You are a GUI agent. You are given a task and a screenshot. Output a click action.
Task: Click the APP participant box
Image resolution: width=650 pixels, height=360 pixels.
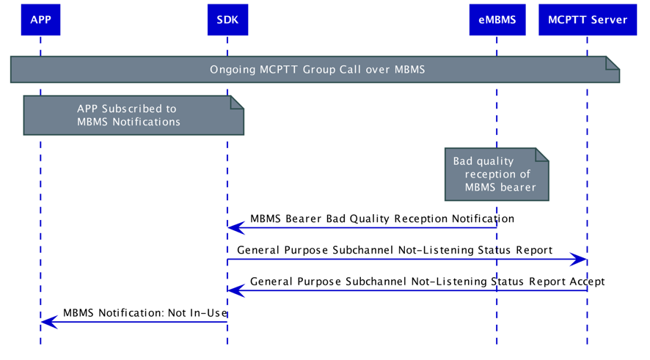point(40,20)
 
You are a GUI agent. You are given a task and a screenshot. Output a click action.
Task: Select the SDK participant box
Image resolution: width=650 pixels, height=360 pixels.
point(227,20)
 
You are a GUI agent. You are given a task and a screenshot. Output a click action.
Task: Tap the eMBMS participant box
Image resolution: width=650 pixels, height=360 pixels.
point(497,20)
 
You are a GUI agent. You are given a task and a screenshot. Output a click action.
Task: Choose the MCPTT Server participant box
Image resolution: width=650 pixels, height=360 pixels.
point(587,20)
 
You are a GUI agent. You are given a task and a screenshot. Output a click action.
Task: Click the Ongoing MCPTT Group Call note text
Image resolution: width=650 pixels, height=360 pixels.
point(317,70)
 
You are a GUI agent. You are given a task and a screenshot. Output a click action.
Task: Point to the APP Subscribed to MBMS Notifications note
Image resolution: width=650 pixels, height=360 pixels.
point(128,115)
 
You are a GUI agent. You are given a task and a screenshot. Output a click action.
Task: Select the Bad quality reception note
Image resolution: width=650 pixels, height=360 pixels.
point(496,175)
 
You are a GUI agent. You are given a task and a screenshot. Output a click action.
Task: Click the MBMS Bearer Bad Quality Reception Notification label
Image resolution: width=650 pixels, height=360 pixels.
point(381,218)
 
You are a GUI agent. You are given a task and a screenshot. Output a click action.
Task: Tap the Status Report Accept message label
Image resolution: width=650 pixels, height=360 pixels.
point(427,282)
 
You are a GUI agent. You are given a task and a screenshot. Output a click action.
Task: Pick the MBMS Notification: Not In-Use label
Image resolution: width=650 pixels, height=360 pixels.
point(145,313)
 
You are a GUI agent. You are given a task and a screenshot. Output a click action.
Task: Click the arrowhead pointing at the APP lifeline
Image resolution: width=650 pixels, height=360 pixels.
point(47,322)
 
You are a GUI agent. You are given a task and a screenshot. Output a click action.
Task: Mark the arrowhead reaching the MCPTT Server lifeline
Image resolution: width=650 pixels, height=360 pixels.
point(580,259)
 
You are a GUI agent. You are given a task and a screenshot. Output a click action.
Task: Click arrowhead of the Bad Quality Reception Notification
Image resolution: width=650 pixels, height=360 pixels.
point(235,228)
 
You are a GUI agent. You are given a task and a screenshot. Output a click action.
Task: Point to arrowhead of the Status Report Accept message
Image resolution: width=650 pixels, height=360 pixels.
point(235,290)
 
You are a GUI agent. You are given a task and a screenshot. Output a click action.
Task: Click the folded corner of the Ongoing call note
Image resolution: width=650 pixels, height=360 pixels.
point(613,64)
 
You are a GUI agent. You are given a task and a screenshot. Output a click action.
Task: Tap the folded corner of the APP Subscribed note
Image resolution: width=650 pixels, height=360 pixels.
point(237,102)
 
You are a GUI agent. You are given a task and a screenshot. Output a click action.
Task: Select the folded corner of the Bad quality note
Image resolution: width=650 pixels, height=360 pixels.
point(542,154)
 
